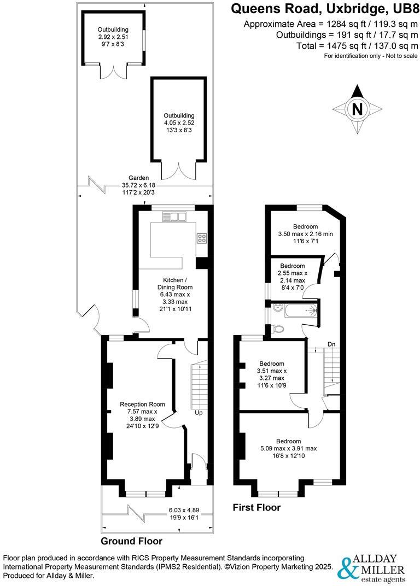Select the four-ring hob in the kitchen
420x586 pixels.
click(x=201, y=238)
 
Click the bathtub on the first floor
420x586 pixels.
click(x=296, y=310)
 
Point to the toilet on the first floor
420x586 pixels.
click(x=277, y=329)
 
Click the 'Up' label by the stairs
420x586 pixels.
click(x=199, y=413)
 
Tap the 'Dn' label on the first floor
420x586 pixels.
click(x=331, y=344)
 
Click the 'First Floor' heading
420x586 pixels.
click(x=256, y=507)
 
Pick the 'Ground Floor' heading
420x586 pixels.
click(x=131, y=541)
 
